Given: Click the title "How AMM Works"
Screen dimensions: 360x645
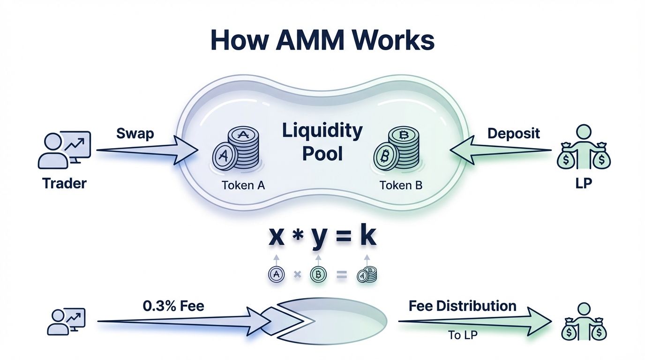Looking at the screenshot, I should coord(322,41).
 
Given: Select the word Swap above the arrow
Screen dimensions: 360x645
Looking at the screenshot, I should coord(135,133).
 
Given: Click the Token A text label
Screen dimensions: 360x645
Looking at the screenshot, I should coord(243,185).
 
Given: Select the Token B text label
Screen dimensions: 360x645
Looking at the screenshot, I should coord(401,185).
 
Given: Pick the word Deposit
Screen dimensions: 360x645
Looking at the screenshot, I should coord(513,133).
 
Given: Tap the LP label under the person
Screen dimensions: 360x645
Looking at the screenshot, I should coord(583,183).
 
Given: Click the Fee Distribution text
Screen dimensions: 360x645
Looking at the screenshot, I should coord(462,306).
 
